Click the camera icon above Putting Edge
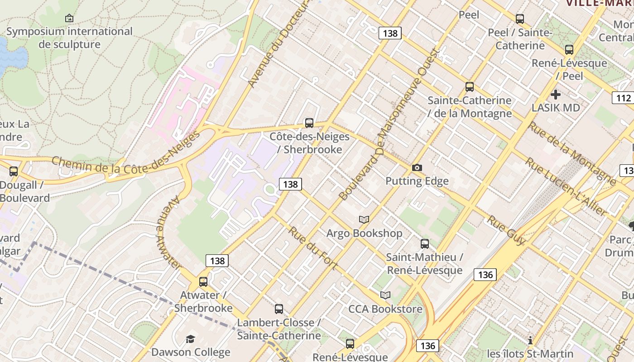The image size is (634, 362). (x=417, y=168)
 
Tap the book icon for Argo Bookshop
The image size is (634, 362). (x=364, y=219)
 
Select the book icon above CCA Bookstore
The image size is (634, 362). (x=385, y=295)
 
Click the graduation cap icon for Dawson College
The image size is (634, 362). (x=191, y=339)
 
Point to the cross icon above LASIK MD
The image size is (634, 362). (x=556, y=95)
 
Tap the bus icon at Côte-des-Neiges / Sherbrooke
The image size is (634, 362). (x=309, y=123)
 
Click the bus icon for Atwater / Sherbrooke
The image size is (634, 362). (x=203, y=281)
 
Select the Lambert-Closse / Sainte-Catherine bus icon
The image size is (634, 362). (x=279, y=309)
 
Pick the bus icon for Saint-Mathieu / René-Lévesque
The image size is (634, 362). (x=425, y=244)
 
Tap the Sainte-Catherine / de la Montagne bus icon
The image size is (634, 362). (x=470, y=87)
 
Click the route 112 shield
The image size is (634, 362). (x=624, y=98)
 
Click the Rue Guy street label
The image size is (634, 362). (x=506, y=229)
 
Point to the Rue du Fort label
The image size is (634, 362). (x=312, y=248)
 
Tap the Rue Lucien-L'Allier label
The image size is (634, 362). (x=566, y=186)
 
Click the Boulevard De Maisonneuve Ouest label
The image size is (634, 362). (x=389, y=125)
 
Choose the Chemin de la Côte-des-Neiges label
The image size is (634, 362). (x=126, y=158)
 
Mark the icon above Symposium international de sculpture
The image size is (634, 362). (x=69, y=18)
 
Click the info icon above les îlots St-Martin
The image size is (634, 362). (x=530, y=340)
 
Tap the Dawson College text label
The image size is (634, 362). (x=191, y=352)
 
